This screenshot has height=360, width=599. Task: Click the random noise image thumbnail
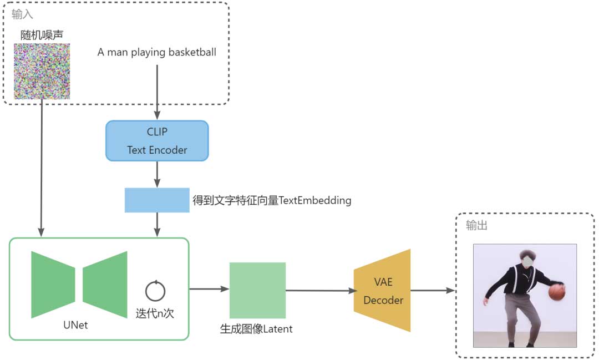click(x=42, y=72)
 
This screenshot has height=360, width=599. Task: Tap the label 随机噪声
click(x=42, y=34)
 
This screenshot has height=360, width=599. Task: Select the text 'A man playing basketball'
click(x=157, y=53)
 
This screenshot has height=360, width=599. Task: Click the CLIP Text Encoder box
click(x=157, y=141)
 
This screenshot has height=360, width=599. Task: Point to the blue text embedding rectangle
click(x=157, y=200)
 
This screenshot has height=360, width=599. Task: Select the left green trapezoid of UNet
click(x=53, y=285)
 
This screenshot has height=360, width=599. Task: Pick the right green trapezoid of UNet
click(x=105, y=285)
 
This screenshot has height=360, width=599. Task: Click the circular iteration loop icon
click(x=155, y=291)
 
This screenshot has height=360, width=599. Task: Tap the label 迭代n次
click(x=155, y=313)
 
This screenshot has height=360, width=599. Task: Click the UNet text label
click(x=75, y=325)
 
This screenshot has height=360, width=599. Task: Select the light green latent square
click(x=257, y=290)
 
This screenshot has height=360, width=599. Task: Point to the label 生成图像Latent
click(x=256, y=329)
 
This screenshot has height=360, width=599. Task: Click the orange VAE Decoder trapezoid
click(x=383, y=291)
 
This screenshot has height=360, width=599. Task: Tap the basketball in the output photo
click(x=556, y=292)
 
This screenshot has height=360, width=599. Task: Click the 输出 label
click(x=476, y=226)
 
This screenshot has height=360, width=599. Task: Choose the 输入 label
click(x=23, y=14)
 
